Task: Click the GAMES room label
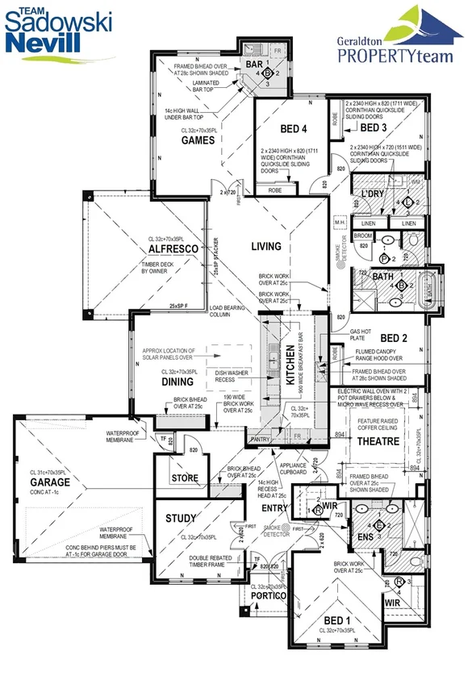[x=198, y=140]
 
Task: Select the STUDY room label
[x=182, y=519]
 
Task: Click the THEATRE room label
[x=381, y=442]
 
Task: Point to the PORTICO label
[x=268, y=596]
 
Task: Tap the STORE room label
[x=185, y=478]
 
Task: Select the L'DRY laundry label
[x=374, y=194]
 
